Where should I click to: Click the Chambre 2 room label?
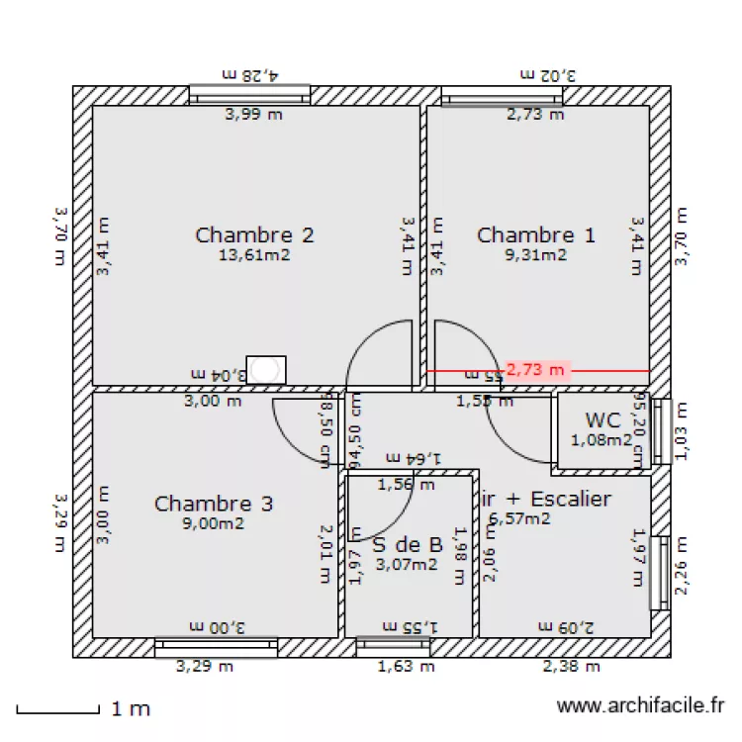[254, 235]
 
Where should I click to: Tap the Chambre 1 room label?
[536, 235]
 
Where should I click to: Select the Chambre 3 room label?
[214, 505]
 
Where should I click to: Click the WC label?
[603, 420]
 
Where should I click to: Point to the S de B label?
[408, 544]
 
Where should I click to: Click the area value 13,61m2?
[254, 255]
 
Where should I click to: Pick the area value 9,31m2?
[535, 255]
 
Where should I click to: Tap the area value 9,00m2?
[213, 524]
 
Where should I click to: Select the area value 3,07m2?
[407, 564]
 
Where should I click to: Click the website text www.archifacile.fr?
[640, 705]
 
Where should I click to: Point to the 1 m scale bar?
[58, 709]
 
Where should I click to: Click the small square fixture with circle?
[265, 369]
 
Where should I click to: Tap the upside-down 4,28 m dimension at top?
[250, 73]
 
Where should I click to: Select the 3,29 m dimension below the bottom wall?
[205, 666]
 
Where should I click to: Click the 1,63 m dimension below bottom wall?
[406, 666]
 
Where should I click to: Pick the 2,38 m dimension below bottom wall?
[571, 666]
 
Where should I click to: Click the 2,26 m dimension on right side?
[682, 572]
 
